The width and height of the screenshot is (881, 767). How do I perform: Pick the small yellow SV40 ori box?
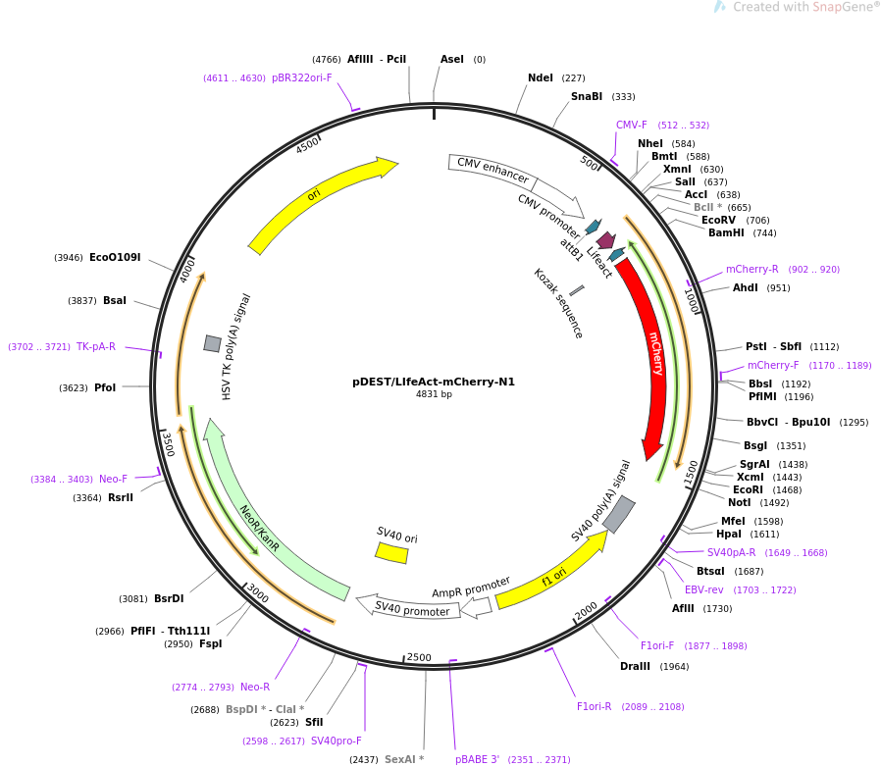pos(391,553)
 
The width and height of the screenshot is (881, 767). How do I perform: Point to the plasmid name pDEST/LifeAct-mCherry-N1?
pos(434,383)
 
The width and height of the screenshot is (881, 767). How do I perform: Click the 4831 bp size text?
pos(434,395)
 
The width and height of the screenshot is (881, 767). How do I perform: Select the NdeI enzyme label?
pos(541,78)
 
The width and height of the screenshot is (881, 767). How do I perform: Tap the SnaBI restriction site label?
pos(587,97)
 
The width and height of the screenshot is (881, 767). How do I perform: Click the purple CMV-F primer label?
pos(632,126)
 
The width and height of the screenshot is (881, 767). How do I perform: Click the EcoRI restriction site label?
pos(748,489)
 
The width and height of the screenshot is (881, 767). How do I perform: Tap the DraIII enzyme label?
pos(635,667)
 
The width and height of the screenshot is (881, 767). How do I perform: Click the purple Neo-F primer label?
pos(113,480)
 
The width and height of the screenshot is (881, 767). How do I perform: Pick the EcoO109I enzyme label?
pos(115,258)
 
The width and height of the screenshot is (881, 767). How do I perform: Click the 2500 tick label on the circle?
pos(419,657)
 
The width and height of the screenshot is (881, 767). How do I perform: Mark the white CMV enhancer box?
pos(492,171)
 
